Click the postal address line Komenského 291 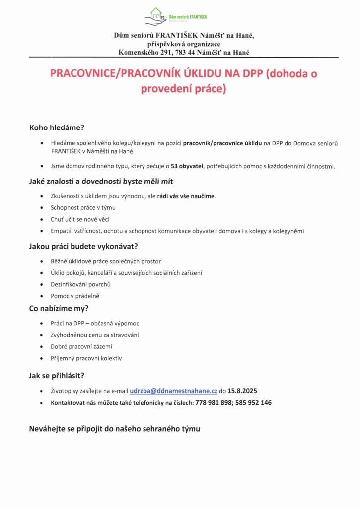click(x=184, y=52)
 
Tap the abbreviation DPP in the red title click(x=252, y=74)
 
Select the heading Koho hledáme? click(x=57, y=127)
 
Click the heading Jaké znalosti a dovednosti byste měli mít click(x=101, y=181)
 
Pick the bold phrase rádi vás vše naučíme click(x=186, y=196)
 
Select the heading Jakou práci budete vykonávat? click(x=83, y=246)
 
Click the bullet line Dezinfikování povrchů click(x=80, y=284)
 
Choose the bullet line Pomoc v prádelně click(x=75, y=296)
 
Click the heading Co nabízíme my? click(x=59, y=308)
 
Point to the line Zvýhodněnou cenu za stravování click(x=95, y=335)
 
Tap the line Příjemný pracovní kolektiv click(x=86, y=358)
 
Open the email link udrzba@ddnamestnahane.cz click(x=173, y=391)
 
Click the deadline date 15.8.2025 click(x=242, y=391)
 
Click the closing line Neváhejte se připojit click(x=115, y=429)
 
